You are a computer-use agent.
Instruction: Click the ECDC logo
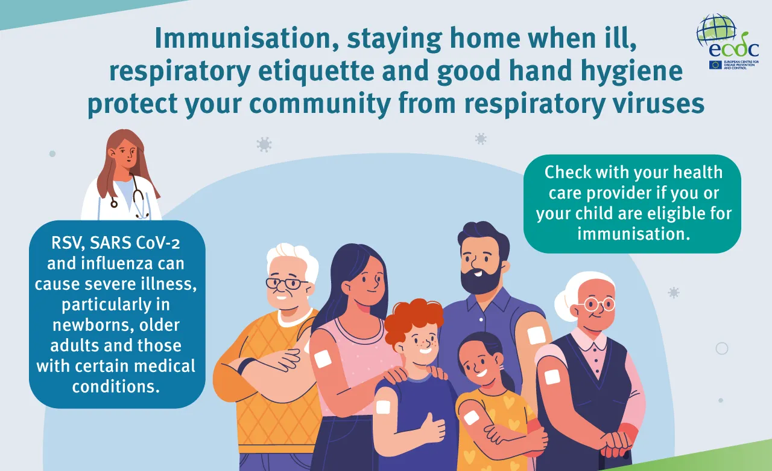pos(730,42)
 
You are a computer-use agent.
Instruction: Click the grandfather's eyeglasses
pos(286,283)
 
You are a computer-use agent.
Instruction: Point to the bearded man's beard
pos(481,280)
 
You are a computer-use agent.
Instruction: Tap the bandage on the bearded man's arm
pos(536,335)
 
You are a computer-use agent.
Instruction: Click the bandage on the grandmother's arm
pos(552,377)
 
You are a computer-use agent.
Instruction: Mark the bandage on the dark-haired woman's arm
pos(323,358)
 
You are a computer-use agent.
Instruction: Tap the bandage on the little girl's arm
pos(471,417)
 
